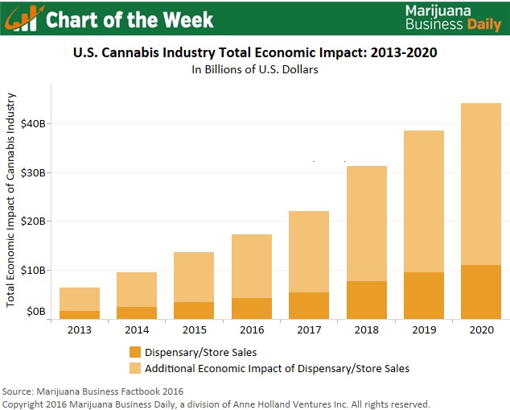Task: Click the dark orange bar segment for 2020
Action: pos(481,292)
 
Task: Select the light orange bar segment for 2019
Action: pos(423,201)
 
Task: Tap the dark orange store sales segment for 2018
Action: pos(366,300)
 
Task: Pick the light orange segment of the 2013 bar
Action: pos(79,299)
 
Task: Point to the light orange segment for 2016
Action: pos(251,266)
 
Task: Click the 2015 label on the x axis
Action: pos(194,330)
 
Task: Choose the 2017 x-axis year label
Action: pos(309,330)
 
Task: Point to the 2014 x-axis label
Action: pos(137,330)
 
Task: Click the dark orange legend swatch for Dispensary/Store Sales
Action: pos(134,352)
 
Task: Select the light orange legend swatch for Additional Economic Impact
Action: pos(134,368)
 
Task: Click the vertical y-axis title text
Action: pos(10,199)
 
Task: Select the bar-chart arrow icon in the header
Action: pos(25,18)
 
